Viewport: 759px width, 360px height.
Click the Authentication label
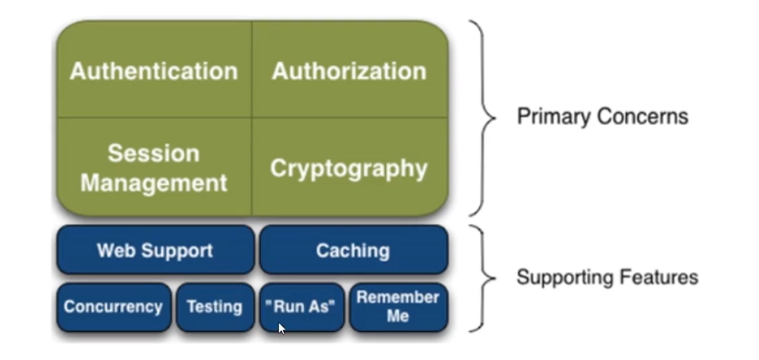click(x=154, y=71)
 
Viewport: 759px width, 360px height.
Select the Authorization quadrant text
click(x=349, y=71)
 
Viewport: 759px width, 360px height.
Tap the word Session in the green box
click(x=154, y=153)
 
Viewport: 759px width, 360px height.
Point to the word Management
click(x=154, y=183)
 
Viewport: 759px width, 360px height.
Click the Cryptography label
click(x=349, y=168)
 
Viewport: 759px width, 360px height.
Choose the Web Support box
click(x=155, y=250)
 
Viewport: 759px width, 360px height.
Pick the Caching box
click(x=353, y=250)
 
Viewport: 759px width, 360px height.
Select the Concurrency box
click(x=113, y=307)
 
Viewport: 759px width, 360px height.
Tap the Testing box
click(x=215, y=307)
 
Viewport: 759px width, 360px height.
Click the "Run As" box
click(x=302, y=307)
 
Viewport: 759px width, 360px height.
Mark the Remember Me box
click(x=398, y=307)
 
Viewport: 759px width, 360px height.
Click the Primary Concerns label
click(x=603, y=117)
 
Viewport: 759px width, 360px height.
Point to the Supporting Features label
click(x=607, y=277)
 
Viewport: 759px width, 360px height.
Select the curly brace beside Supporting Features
click(x=481, y=278)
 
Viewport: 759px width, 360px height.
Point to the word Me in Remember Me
click(x=398, y=317)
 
